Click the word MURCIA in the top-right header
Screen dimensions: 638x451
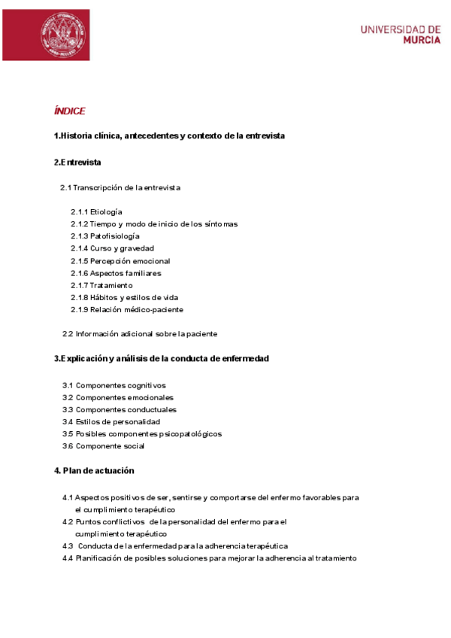coord(422,41)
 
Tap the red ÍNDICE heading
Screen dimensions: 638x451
coord(69,111)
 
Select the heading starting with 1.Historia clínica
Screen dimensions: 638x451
coord(169,135)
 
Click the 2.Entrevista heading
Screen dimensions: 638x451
coord(77,163)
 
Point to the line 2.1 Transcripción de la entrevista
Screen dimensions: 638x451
coord(120,187)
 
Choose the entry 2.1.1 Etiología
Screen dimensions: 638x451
coord(96,212)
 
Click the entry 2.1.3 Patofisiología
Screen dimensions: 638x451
coord(105,236)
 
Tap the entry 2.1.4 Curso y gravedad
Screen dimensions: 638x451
coord(112,248)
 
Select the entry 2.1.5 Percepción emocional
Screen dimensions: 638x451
coord(120,261)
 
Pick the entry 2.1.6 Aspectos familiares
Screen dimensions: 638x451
coord(116,273)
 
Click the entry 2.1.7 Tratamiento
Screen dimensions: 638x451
coord(101,285)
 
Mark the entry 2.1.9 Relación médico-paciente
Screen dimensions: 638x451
coord(127,309)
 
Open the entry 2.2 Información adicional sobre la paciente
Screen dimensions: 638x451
coord(140,333)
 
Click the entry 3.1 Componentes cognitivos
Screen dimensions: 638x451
coord(114,385)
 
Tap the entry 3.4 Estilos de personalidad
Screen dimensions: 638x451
coord(111,422)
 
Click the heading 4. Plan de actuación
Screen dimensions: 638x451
coord(94,471)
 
